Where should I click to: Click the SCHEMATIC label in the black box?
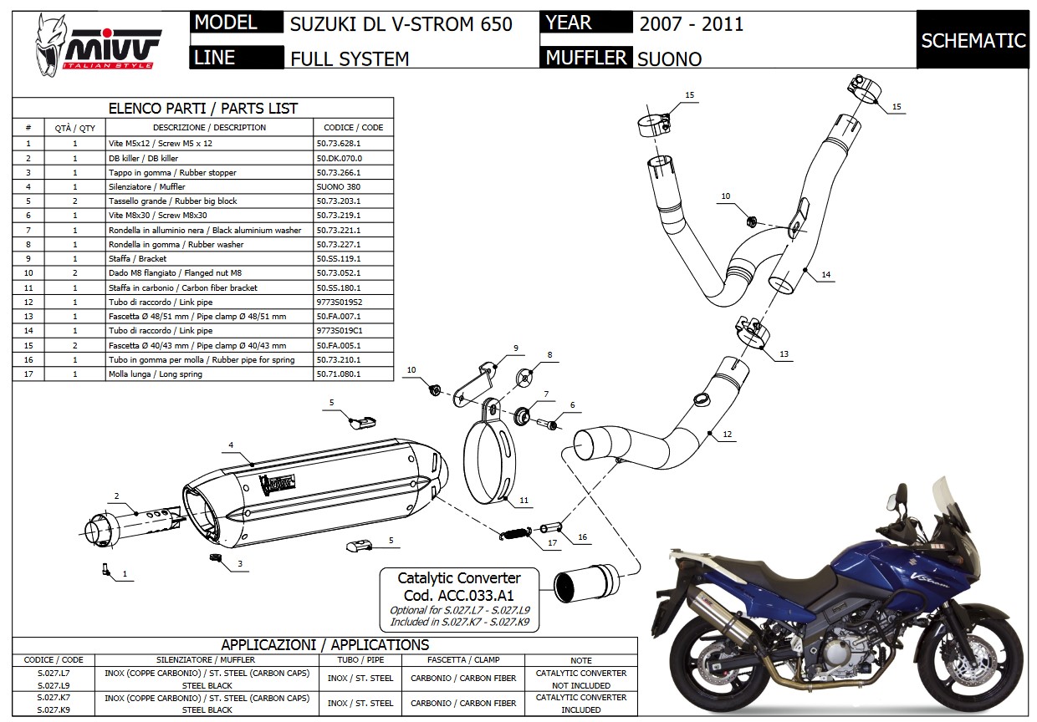coord(973,40)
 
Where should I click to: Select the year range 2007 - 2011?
coord(691,23)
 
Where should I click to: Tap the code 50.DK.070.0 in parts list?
coord(340,158)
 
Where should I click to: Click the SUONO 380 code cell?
coord(339,187)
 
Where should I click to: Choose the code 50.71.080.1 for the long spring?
coord(339,374)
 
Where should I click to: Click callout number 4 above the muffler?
coord(230,445)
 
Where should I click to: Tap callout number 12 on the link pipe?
coord(728,434)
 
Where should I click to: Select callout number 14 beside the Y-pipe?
coord(825,274)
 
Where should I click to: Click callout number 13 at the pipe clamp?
coord(784,354)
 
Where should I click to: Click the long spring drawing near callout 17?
coord(516,531)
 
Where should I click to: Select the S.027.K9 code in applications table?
coord(48,709)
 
